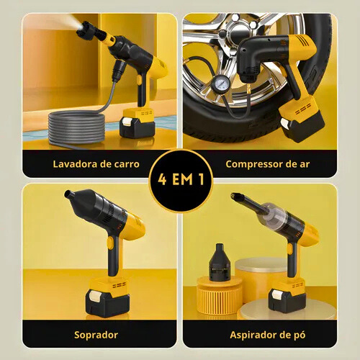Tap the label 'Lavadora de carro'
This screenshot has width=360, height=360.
coord(96,164)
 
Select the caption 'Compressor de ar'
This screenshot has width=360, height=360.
coord(268,164)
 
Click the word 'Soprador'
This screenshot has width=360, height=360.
coord(96,335)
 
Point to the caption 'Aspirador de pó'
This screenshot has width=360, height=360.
coord(268,335)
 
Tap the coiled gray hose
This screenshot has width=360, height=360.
coord(76,128)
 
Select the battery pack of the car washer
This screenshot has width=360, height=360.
coord(138,123)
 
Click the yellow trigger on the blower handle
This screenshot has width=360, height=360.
coord(110,243)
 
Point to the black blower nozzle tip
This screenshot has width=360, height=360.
coord(68,194)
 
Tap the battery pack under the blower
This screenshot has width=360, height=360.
coord(107,297)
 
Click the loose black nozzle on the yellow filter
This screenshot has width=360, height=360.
coord(220,262)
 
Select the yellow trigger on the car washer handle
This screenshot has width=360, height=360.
coord(139,80)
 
